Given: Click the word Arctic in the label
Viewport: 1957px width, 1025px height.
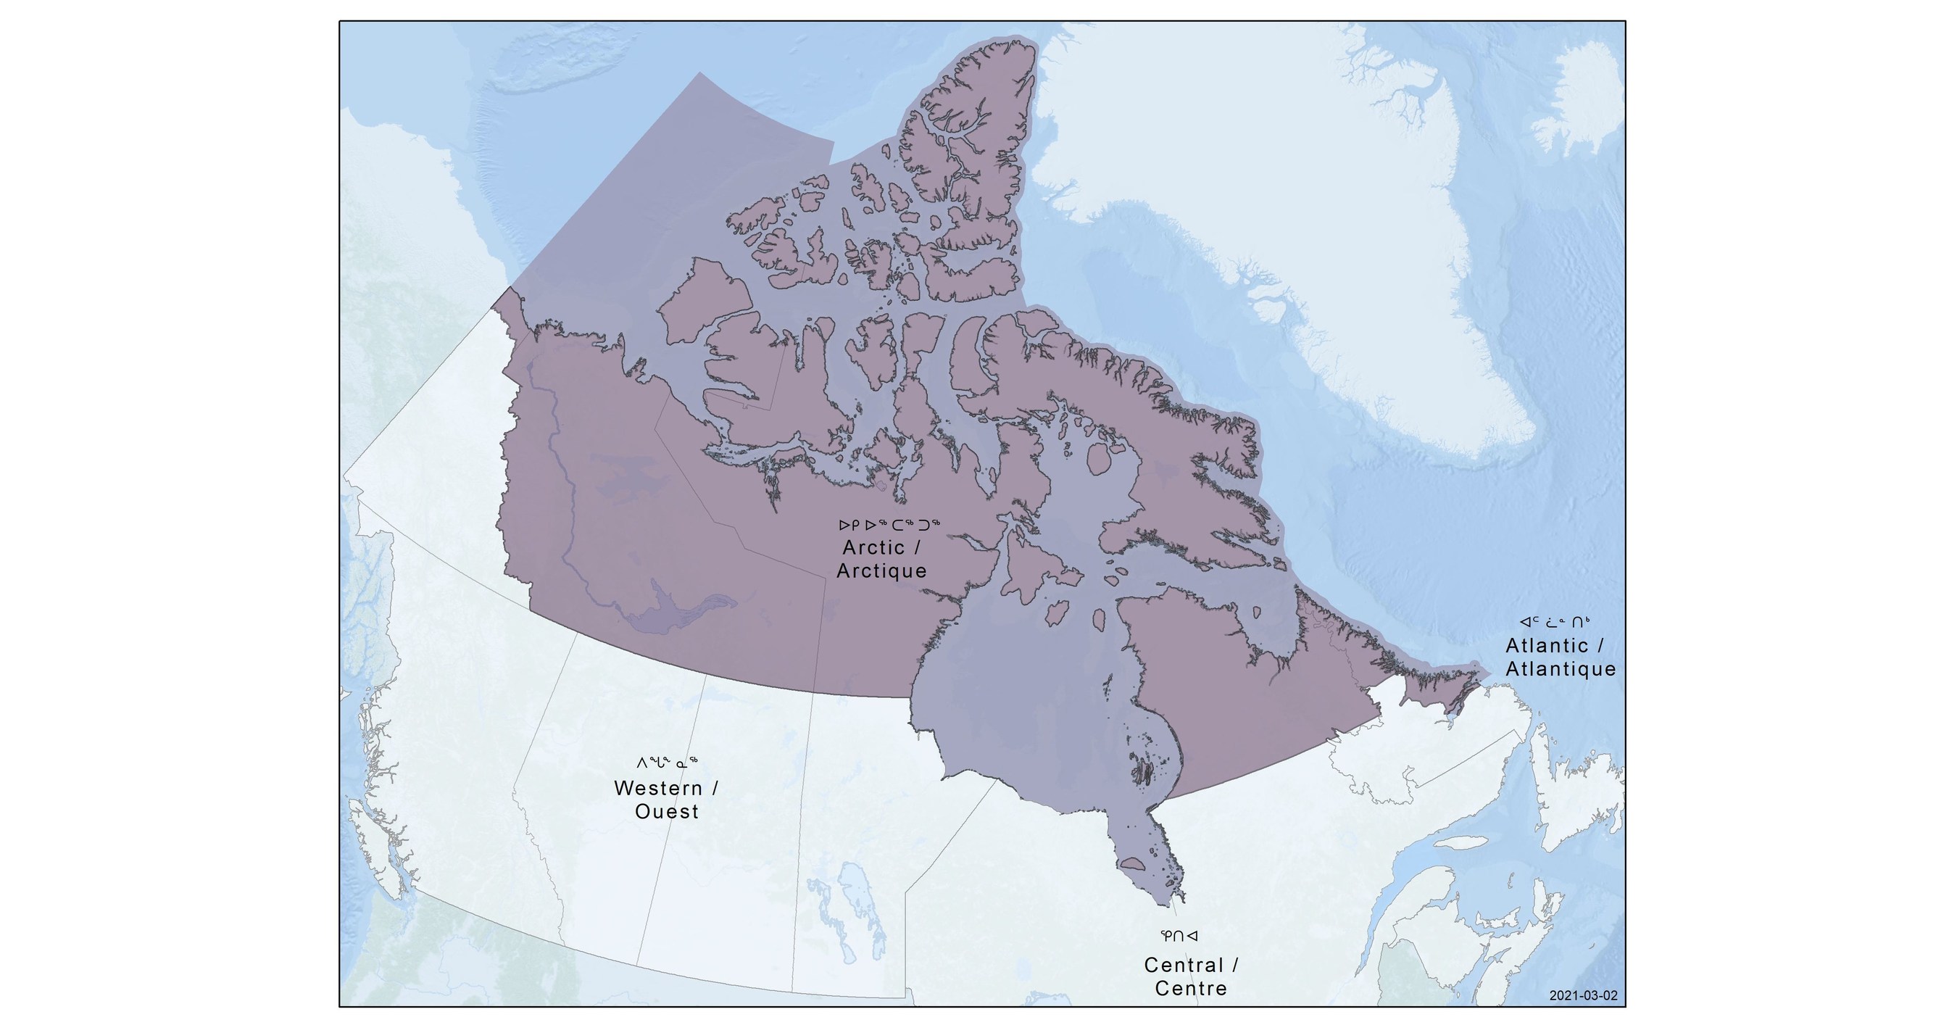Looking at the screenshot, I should coord(873,547).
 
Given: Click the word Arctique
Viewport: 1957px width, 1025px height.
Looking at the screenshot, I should coord(881,570).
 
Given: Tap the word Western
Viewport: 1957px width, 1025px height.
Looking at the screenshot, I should coord(658,787).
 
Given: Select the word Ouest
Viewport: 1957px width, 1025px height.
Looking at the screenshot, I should coord(666,811).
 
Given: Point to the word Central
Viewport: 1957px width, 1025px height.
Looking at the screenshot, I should coord(1184,965).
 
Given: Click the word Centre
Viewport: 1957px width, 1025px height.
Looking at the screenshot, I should coord(1190,989).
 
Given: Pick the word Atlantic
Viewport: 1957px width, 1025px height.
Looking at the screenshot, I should coord(1547,645).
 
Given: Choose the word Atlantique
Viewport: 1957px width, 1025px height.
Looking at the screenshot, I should coord(1561,668).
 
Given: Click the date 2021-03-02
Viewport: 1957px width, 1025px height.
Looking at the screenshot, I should coord(1583,995).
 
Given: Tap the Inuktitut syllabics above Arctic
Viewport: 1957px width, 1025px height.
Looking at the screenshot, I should coord(889,524).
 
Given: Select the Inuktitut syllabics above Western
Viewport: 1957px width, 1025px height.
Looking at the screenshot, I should coord(666,762).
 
